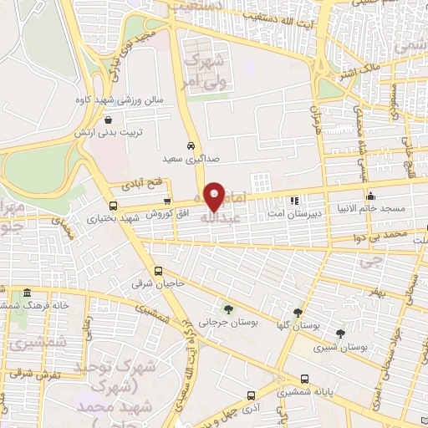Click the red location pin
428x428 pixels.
coord(215,197)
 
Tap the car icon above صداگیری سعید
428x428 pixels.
coord(192,144)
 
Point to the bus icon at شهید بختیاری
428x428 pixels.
coord(114,205)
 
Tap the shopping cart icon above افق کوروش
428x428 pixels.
coord(167,201)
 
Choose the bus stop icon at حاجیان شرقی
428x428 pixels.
coord(159,271)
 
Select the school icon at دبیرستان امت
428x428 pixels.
coord(293,201)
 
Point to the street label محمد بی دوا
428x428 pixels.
coord(402,235)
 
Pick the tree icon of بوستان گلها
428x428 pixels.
coord(298,313)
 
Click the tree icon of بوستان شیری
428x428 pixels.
coord(340,333)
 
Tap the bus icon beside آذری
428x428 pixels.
coord(251,395)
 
